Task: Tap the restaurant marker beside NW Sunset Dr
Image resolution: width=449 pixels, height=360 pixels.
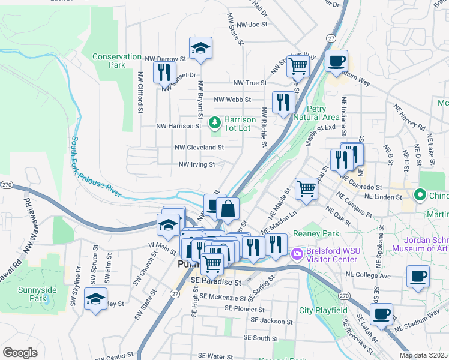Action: point(163,73)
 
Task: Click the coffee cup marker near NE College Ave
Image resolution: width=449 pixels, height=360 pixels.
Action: point(418,277)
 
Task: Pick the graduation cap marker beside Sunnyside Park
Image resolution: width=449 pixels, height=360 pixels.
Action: point(95,299)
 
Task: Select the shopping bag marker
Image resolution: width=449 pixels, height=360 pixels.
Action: point(228,209)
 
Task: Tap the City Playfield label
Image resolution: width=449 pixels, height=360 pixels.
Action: point(324,310)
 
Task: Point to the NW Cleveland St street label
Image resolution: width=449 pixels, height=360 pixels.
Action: point(199,147)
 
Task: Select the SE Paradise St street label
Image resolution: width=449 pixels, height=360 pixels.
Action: point(215,281)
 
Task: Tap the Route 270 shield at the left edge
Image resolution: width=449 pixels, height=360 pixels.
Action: point(6,184)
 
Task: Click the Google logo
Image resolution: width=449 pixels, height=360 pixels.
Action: point(20,353)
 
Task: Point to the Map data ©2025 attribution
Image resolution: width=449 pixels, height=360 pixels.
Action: point(423,355)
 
